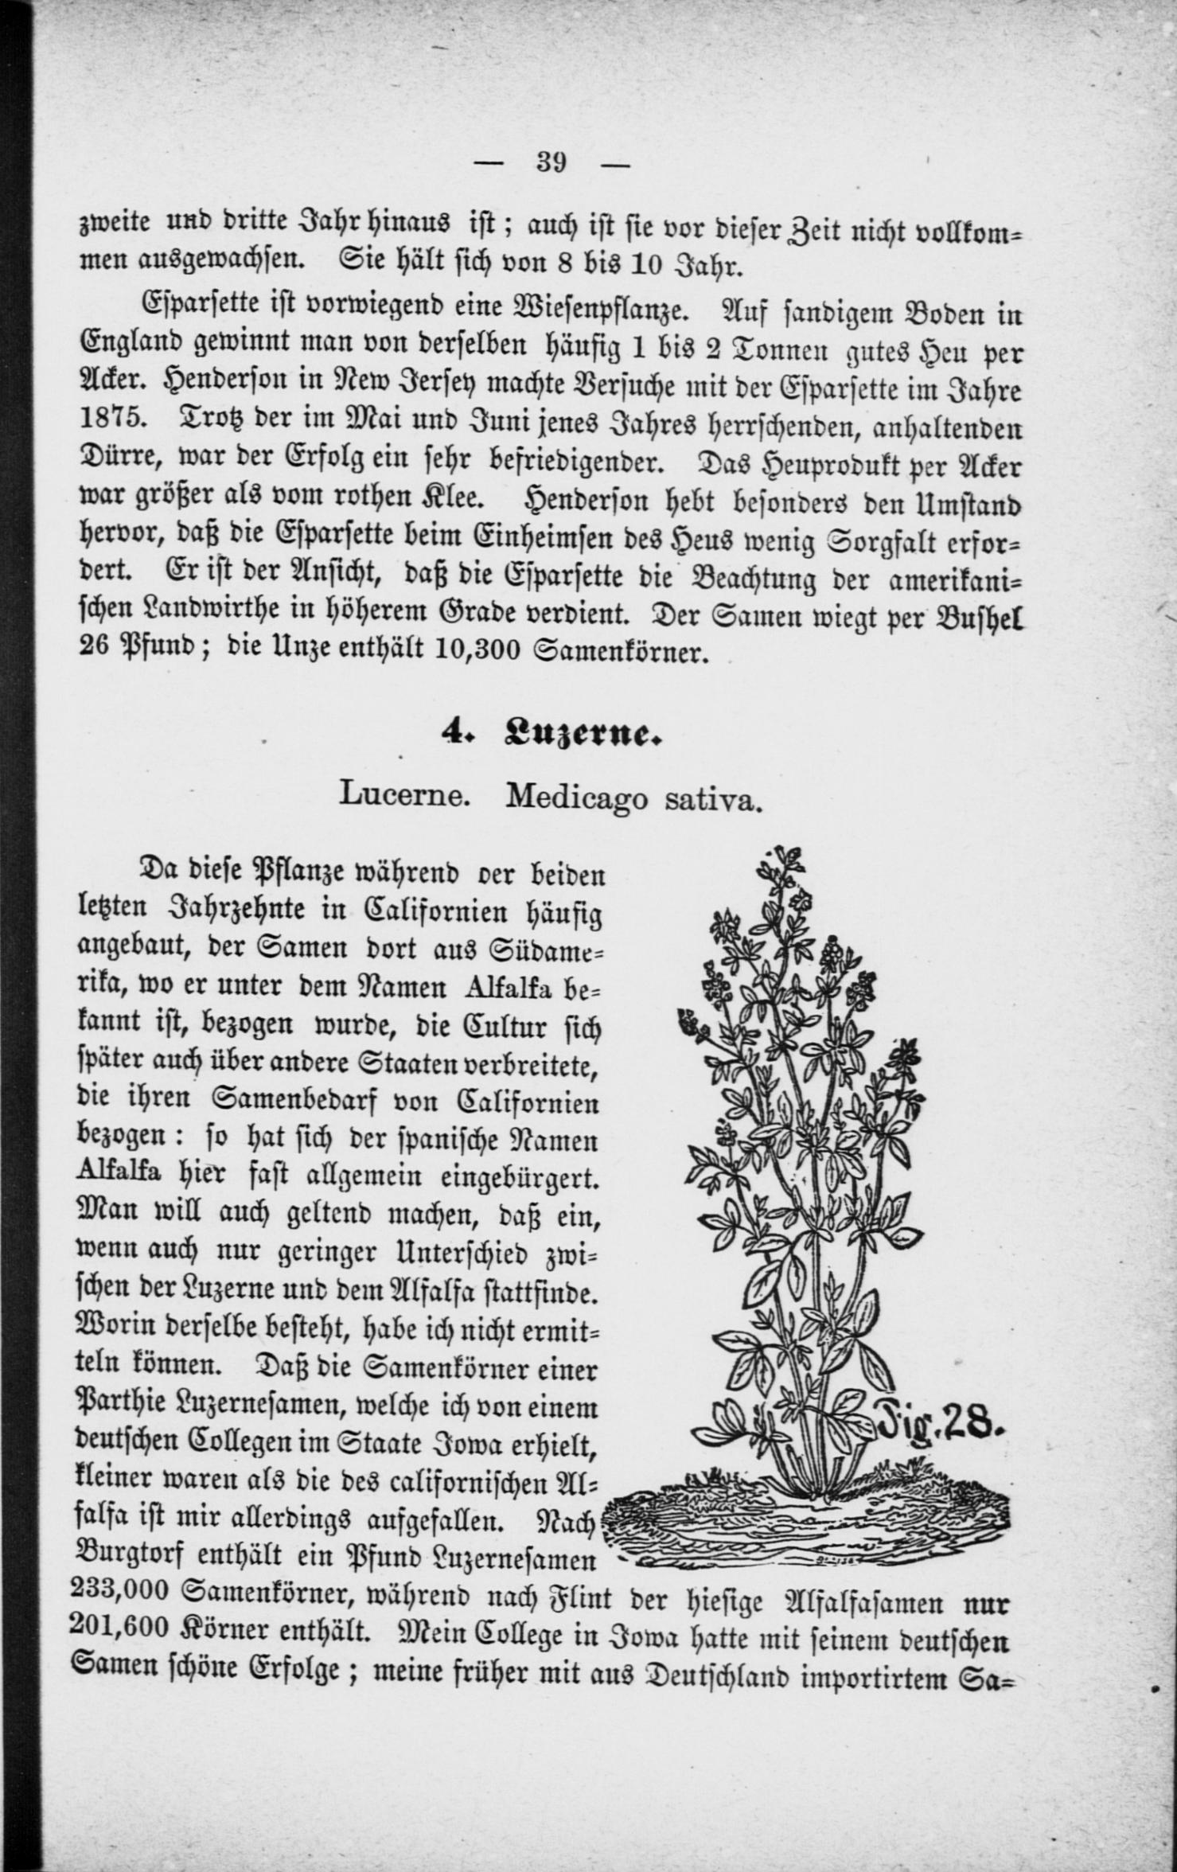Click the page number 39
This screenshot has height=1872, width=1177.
pos(551,163)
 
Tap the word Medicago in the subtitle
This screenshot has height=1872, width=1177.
pos(576,796)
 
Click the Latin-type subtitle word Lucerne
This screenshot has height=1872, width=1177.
pos(403,794)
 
